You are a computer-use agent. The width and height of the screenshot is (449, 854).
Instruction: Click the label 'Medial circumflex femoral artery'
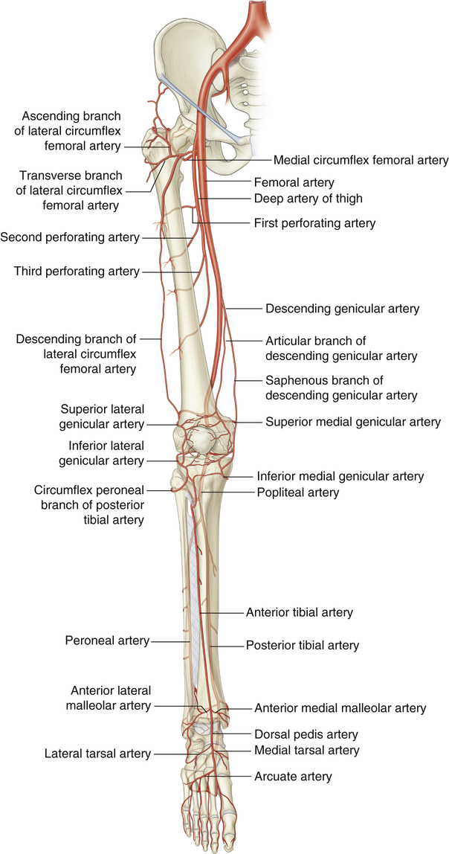point(361,160)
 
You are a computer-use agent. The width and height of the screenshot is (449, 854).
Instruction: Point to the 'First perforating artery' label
point(314,222)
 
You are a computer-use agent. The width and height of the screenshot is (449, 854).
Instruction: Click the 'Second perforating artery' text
point(71,238)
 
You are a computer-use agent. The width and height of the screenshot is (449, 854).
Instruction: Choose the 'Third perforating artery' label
point(76,272)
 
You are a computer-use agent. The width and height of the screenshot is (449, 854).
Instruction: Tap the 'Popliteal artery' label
point(297,492)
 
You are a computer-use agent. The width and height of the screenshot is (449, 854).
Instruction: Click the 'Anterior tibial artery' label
point(299,613)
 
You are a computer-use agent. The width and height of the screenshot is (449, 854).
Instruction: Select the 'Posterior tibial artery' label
point(303,646)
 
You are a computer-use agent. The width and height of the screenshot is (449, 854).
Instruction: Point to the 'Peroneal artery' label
point(107,640)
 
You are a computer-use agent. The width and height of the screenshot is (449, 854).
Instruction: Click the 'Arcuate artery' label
point(292,777)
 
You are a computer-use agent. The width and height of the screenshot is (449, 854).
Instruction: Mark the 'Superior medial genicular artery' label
point(352,422)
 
